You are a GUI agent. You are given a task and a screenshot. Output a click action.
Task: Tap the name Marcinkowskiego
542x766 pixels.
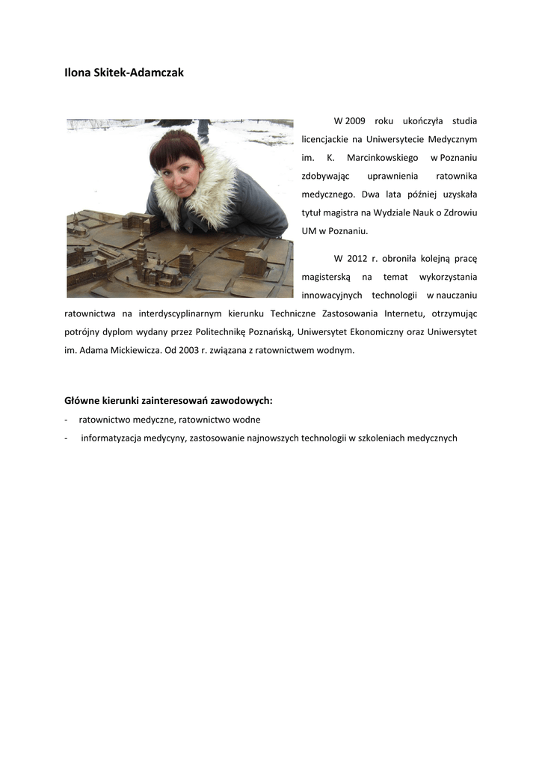pos(382,157)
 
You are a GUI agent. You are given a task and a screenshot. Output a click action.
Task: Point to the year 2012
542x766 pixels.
pos(357,259)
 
